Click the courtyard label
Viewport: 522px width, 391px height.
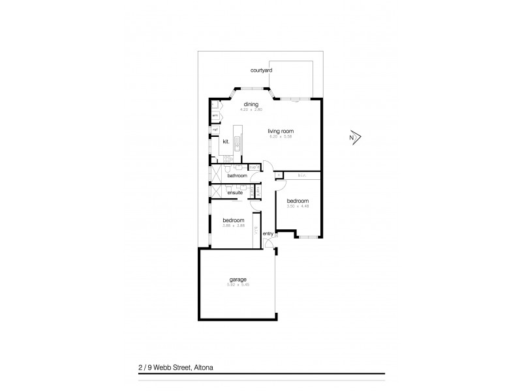262,70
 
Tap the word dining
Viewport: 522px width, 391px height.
251,104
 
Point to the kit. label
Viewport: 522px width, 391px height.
226,141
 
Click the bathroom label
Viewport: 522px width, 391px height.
237,176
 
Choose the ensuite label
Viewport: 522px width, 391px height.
235,193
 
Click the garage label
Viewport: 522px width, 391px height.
238,280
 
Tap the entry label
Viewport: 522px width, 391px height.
268,233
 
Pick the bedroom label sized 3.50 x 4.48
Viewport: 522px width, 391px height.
298,201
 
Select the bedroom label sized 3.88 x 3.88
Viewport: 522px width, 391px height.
233,220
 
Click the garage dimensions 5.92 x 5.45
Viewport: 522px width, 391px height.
238,285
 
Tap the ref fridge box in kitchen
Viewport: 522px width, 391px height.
214,130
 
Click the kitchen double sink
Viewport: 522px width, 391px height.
238,141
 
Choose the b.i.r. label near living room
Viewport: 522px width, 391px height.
302,175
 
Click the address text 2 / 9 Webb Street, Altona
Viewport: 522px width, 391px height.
172,368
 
